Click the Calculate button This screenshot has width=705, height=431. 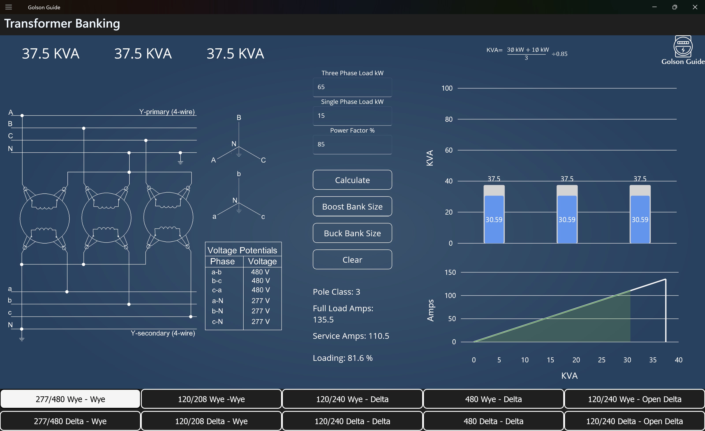(352, 180)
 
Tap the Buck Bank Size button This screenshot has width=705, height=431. (352, 233)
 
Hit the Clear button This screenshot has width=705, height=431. (352, 260)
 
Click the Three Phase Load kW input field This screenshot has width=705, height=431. (352, 87)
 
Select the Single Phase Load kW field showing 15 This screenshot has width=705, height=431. (352, 116)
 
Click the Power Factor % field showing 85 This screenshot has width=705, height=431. (352, 144)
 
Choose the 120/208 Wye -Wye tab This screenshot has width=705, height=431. (211, 399)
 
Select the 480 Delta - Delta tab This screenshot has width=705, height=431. (493, 421)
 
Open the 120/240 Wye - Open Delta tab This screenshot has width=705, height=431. (634, 399)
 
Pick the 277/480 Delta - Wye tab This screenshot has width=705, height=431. (70, 421)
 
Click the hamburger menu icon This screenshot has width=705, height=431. (9, 7)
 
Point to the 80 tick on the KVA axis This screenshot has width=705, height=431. (448, 119)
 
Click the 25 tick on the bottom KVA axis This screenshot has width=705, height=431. (601, 360)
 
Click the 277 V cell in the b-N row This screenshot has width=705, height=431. (260, 311)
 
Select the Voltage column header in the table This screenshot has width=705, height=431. (262, 261)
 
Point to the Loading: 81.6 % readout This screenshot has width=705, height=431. (343, 358)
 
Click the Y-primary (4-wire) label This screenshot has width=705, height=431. (167, 112)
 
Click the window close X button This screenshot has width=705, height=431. (695, 7)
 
